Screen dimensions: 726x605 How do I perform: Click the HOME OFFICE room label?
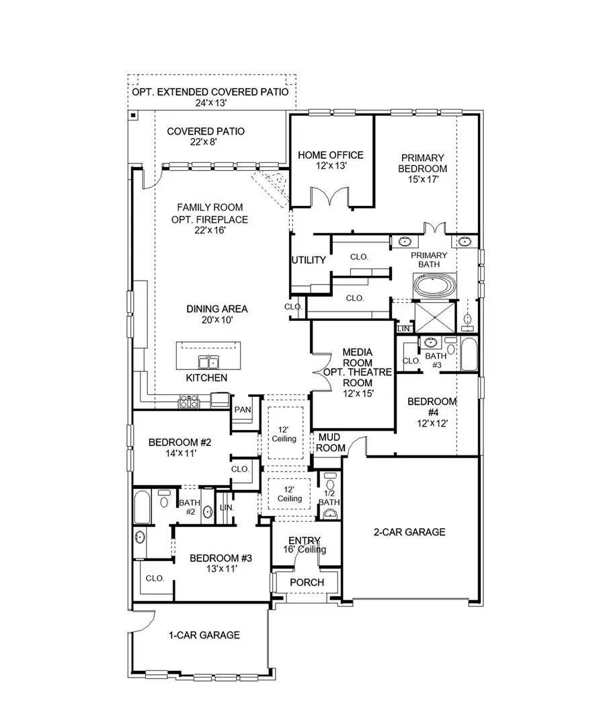coord(331,155)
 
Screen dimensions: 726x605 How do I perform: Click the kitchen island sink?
coord(212,362)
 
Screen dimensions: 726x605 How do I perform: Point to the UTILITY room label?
coord(309,260)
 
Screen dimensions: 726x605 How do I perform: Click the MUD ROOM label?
coord(331,443)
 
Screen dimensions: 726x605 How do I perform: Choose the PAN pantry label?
coord(242,409)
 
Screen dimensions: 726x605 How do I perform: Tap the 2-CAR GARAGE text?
coord(409,532)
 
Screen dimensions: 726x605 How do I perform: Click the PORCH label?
coord(307,582)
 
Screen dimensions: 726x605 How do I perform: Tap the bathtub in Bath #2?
coord(143,508)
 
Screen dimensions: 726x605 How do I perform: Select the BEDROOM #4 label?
coord(432,407)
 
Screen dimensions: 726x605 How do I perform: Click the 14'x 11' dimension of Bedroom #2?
coord(180,454)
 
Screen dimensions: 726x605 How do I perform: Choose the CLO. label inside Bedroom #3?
coord(155,577)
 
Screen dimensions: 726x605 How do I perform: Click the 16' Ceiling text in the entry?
coord(305,550)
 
